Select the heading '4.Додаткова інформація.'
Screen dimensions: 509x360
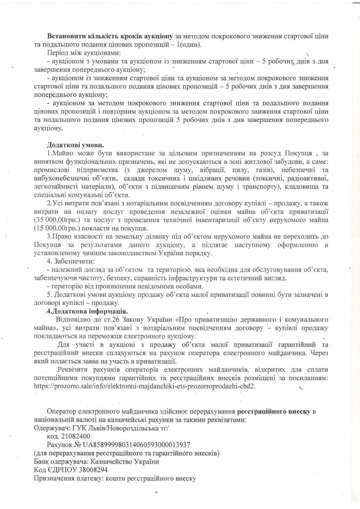pos(87,311)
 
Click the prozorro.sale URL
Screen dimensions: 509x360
pos(145,386)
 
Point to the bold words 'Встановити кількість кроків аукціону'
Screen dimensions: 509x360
pos(110,36)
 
